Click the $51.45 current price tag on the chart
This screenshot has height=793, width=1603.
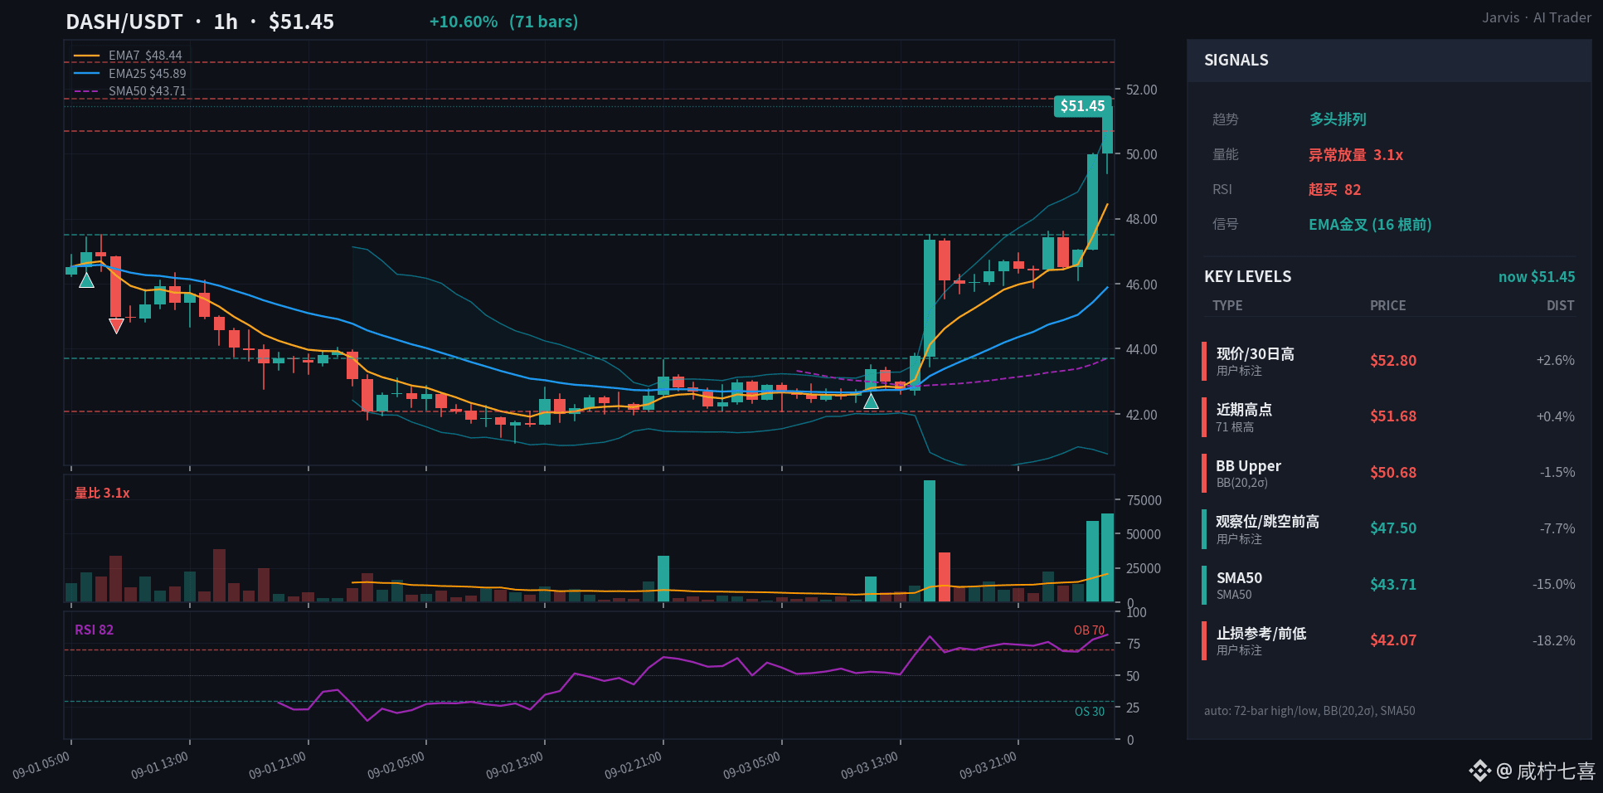coord(1082,106)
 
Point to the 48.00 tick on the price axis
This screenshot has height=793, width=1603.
coord(1141,219)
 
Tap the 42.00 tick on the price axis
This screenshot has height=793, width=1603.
coord(1141,415)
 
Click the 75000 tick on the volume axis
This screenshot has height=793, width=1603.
coord(1144,500)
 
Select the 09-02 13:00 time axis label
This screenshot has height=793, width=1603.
coord(515,766)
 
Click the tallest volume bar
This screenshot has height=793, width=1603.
coord(930,541)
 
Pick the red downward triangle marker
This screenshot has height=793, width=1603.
coord(116,326)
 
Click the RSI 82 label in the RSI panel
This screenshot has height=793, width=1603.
coord(94,630)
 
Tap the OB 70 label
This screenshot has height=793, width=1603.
coord(1089,630)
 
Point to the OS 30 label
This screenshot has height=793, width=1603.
coord(1090,712)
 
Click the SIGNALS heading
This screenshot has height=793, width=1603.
coord(1236,60)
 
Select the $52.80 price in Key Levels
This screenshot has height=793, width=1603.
coord(1393,360)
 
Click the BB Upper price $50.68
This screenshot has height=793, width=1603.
coord(1393,472)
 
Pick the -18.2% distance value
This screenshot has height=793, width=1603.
coord(1553,640)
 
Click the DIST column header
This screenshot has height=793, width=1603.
coord(1560,305)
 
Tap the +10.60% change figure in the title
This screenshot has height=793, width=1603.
coord(463,22)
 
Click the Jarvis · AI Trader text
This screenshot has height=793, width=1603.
coord(1537,17)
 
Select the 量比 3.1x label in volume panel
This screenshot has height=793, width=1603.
coord(102,493)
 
